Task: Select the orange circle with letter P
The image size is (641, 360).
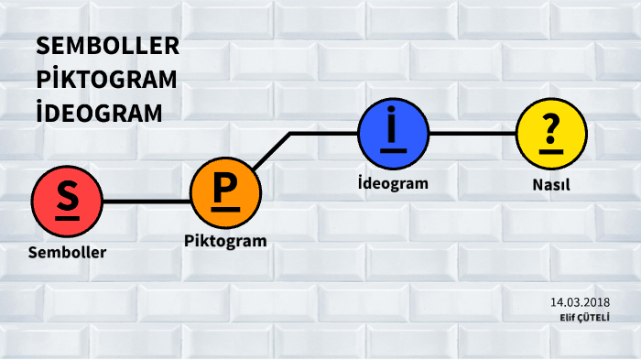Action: pyautogui.click(x=225, y=191)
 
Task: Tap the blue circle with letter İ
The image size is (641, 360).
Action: pyautogui.click(x=393, y=134)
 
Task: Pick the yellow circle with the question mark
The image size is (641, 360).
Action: pyautogui.click(x=551, y=134)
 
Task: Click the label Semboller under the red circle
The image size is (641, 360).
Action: pyautogui.click(x=67, y=252)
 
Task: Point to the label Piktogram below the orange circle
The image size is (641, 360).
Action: pyautogui.click(x=225, y=242)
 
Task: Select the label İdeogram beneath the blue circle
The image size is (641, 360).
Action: pyautogui.click(x=393, y=183)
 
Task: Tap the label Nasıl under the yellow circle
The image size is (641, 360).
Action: pyautogui.click(x=551, y=184)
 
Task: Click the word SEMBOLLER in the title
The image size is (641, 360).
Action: pyautogui.click(x=108, y=47)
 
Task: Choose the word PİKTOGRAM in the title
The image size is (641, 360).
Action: pyautogui.click(x=107, y=80)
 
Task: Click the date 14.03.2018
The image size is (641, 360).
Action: pyautogui.click(x=581, y=302)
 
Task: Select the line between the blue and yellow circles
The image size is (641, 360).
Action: pyautogui.click(x=472, y=134)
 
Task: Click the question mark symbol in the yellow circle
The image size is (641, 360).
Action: pyautogui.click(x=551, y=128)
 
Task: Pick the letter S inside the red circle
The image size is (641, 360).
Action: pyautogui.click(x=66, y=196)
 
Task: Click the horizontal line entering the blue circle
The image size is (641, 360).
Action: pyautogui.click(x=324, y=134)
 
